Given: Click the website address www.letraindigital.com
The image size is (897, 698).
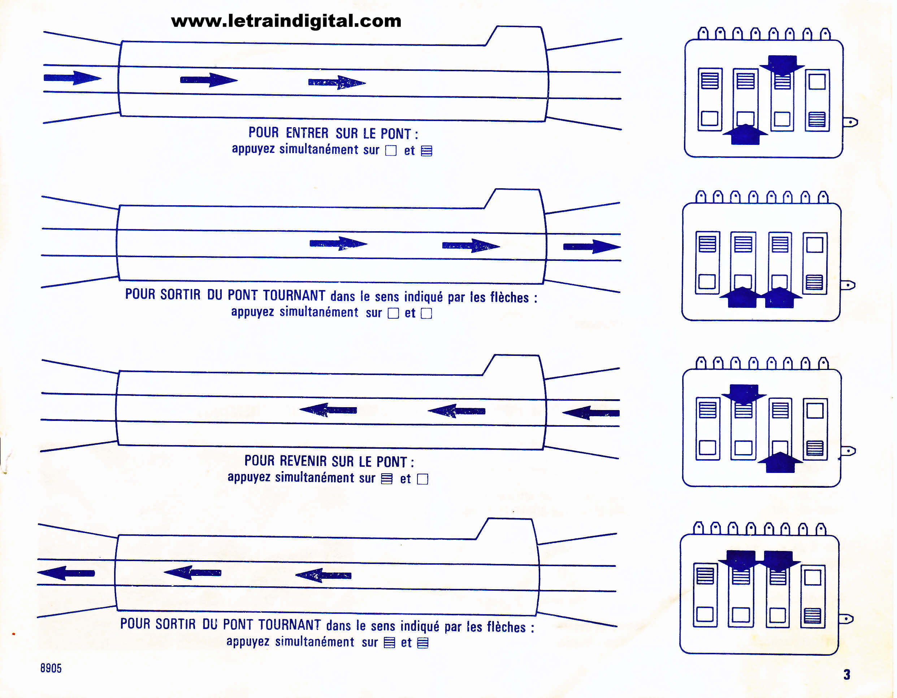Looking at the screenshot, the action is (286, 21).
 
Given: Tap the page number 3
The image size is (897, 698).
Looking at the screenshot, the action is (846, 674).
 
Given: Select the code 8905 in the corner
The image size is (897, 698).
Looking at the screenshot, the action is (51, 668).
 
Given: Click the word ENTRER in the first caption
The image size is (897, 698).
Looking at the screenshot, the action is (307, 133).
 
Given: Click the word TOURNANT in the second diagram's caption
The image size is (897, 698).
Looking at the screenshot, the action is (294, 295).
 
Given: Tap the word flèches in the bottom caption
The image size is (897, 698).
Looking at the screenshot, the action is (506, 627).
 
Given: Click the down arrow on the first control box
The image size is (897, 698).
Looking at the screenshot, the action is (781, 65).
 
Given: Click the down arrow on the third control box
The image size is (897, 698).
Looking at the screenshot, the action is (744, 395).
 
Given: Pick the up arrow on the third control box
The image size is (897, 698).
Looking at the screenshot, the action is (780, 462).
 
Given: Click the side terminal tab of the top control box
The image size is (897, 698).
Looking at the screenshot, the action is (850, 122).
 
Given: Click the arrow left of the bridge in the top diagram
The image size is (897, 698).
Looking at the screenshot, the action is (73, 78).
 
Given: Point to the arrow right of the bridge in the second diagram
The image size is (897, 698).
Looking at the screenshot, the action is (592, 246).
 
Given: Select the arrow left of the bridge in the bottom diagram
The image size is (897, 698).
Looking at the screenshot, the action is (66, 573).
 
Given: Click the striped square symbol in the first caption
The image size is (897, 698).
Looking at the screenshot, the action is (427, 151).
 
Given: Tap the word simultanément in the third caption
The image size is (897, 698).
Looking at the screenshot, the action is (314, 477).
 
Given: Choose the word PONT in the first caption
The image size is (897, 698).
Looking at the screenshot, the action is (395, 134).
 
